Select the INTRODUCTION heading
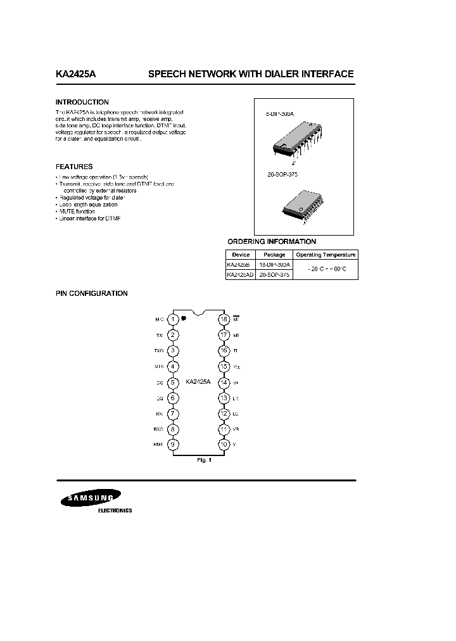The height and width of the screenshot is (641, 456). click(x=82, y=102)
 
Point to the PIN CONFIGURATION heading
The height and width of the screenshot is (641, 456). click(x=91, y=293)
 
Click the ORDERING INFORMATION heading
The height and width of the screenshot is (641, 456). click(x=272, y=241)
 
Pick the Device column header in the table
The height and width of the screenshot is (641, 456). click(x=241, y=255)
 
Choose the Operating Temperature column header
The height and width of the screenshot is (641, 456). click(x=326, y=255)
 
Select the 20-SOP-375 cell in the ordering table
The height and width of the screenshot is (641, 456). click(x=274, y=276)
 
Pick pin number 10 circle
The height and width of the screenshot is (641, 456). click(x=224, y=444)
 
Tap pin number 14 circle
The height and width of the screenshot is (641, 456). click(x=224, y=382)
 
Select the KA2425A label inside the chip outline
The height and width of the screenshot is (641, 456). click(x=198, y=382)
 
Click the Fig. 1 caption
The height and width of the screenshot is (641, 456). click(x=204, y=460)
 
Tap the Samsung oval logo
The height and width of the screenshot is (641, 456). click(x=92, y=500)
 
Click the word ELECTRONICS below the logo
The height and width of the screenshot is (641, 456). click(x=114, y=511)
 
